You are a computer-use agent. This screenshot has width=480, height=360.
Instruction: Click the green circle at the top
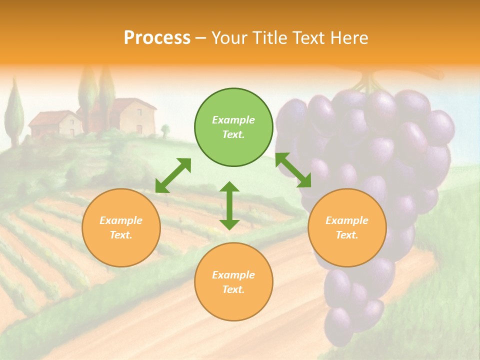(x=233, y=127)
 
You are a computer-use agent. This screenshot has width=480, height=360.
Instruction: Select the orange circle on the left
(x=121, y=227)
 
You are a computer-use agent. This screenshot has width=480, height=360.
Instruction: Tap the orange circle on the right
(x=347, y=227)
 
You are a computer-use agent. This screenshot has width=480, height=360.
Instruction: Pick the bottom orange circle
(x=233, y=282)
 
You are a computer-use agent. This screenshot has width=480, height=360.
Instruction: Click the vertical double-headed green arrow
(x=229, y=205)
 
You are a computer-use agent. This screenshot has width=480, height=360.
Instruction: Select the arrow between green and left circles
(x=173, y=175)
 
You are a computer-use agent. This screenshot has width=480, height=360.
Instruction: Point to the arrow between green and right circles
(x=293, y=170)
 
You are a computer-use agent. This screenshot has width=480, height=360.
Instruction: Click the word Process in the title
(x=157, y=38)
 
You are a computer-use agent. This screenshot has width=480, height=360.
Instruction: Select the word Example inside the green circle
(x=233, y=120)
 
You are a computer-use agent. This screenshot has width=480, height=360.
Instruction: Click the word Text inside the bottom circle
(x=233, y=289)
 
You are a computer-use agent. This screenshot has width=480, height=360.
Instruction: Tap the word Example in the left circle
(x=121, y=220)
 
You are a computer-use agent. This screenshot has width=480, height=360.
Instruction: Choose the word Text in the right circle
(x=347, y=235)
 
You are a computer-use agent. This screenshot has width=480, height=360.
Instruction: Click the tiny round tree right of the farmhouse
(x=165, y=130)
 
